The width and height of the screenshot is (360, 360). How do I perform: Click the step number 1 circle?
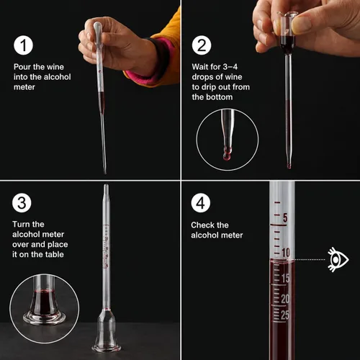[23, 45]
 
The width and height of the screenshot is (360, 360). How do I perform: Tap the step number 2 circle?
[202, 45]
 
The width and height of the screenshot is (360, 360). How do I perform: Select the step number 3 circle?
[22, 203]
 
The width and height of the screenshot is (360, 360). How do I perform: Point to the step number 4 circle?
[201, 203]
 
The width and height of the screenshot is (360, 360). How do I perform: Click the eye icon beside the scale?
[338, 260]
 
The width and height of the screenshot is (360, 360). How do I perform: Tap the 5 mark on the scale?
[285, 217]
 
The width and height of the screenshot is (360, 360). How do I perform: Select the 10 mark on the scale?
[286, 253]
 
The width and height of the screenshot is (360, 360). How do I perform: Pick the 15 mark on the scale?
[285, 278]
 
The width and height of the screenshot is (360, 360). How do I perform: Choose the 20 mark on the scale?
[285, 299]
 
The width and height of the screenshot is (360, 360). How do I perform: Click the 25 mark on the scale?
[285, 315]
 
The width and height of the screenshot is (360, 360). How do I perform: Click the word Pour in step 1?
[22, 67]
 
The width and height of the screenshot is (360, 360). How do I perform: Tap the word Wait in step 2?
[199, 67]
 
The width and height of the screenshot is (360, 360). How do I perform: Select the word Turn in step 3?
[21, 224]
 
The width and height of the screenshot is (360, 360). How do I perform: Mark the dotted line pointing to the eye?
[309, 260]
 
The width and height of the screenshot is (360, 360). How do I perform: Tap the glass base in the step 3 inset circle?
[44, 318]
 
